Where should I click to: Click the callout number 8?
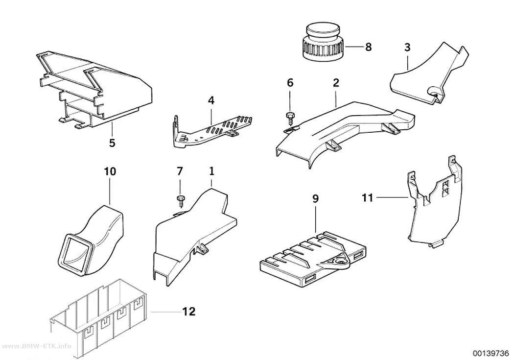(369, 47)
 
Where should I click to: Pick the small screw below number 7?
(180, 200)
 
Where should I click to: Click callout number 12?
(188, 311)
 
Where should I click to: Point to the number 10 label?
(110, 171)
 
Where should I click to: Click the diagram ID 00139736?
(490, 353)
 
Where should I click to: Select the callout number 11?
(368, 198)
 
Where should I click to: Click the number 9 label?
(315, 198)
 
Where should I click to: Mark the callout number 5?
(113, 143)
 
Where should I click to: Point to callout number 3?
(407, 47)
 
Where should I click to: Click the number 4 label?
(211, 100)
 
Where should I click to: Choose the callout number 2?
(336, 83)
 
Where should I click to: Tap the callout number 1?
(211, 171)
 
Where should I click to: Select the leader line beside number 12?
(165, 312)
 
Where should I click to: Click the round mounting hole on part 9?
(341, 262)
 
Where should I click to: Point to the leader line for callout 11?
(393, 197)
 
